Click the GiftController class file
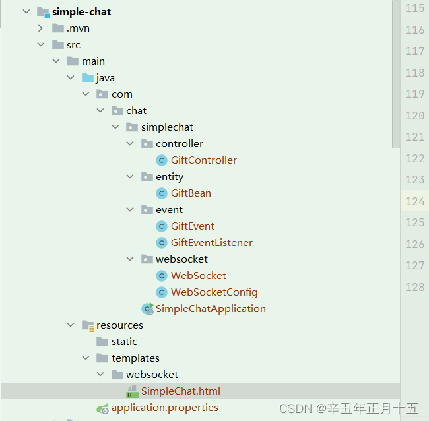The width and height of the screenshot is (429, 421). point(203,160)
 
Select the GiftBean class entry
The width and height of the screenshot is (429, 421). point(191,193)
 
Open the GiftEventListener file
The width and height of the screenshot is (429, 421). point(211,243)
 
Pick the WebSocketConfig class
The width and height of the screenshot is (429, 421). point(214,292)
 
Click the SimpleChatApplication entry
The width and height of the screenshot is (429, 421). point(211,309)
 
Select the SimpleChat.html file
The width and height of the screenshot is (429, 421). point(180,391)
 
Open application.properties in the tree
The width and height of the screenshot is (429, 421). point(165,408)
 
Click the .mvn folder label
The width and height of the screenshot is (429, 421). point(78,28)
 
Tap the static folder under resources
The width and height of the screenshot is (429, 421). point(124,342)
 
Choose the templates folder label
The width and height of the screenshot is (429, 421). point(135,358)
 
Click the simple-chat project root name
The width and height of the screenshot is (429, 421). point(82,12)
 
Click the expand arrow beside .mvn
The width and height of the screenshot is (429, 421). point(40,28)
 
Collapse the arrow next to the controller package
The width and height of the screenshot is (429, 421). point(130,144)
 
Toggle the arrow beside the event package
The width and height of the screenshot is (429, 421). point(130,210)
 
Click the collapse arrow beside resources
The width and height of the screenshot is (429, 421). point(71,325)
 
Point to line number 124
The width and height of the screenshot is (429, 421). point(414,201)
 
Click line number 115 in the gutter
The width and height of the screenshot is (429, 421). point(414,9)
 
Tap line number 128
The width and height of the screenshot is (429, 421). point(414,287)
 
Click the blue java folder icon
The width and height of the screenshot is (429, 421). point(88,78)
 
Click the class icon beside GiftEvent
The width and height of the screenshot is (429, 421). point(162,226)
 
